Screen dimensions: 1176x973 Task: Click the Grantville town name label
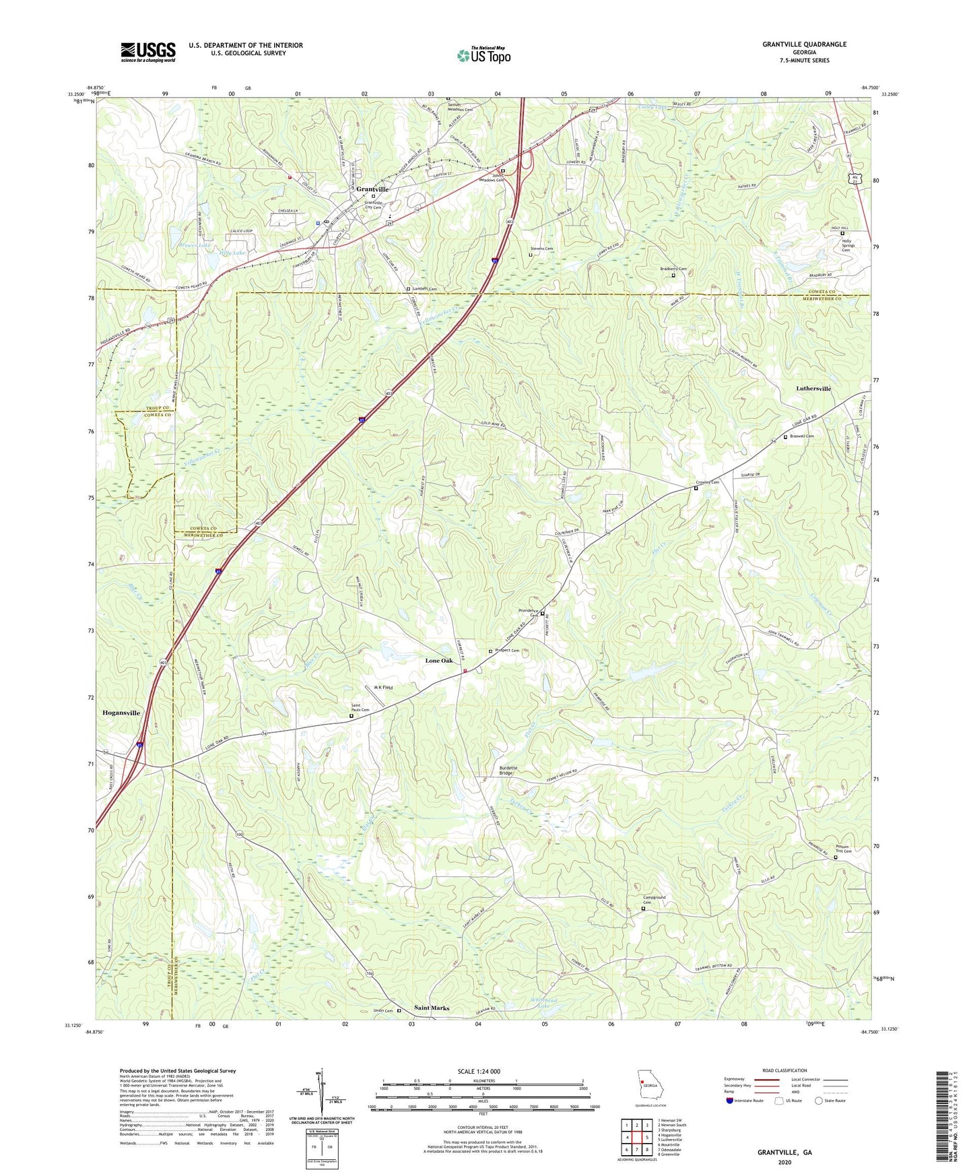372,189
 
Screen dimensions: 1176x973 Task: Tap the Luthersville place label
813,389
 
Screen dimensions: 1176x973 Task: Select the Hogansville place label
121,713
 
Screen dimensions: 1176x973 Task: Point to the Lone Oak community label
439,661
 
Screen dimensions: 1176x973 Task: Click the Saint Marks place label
432,1008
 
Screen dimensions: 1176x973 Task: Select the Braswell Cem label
802,436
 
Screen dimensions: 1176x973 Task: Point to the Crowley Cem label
708,482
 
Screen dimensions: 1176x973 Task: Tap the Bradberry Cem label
673,269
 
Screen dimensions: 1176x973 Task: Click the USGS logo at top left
148,51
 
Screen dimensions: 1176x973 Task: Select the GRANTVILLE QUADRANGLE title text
804,44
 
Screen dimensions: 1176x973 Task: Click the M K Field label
383,688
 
